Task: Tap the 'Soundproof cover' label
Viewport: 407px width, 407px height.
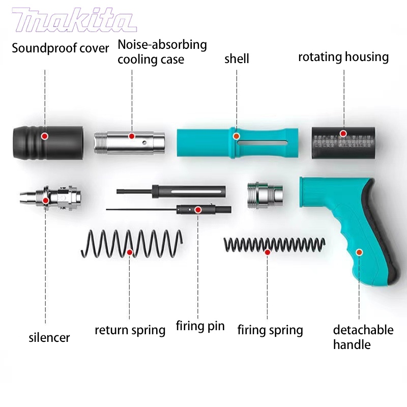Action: tap(61, 49)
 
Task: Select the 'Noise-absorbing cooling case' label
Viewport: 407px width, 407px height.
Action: tap(162, 52)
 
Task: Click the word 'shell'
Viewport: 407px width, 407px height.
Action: tap(237, 59)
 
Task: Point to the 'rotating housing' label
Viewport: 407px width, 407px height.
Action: tap(343, 56)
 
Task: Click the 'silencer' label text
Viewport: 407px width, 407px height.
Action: tap(49, 337)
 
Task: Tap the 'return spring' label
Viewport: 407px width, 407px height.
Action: tap(130, 330)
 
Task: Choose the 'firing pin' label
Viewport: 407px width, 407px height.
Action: tap(200, 326)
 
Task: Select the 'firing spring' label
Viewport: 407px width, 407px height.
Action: tap(270, 330)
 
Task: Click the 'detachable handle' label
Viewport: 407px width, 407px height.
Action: tap(363, 337)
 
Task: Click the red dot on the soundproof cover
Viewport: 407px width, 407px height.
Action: tap(45, 136)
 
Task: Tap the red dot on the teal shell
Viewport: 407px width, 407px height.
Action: tap(236, 136)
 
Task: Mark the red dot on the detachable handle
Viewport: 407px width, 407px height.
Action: tap(359, 252)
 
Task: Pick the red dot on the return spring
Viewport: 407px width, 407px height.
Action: tap(130, 252)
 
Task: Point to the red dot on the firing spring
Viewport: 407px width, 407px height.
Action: tap(268, 252)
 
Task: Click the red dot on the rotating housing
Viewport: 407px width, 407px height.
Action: tap(343, 133)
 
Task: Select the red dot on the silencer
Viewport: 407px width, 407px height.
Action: tap(45, 200)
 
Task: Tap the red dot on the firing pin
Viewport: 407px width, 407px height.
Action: tap(198, 209)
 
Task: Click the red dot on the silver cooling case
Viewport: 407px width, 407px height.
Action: tap(131, 136)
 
